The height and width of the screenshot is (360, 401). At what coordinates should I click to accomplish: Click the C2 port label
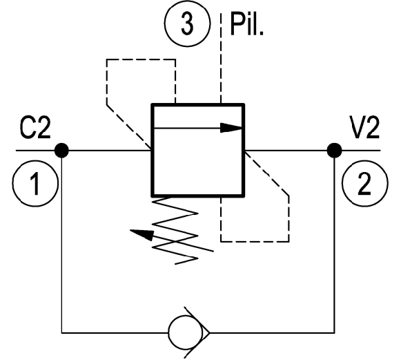coord(35,128)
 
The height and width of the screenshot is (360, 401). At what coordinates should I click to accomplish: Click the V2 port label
coord(364,128)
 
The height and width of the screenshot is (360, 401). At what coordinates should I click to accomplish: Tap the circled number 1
coord(35,183)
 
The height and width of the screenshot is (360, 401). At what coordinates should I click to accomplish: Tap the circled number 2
coord(365,183)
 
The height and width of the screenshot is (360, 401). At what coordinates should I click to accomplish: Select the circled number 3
coord(188,23)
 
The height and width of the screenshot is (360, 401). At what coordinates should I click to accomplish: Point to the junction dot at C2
coord(61,151)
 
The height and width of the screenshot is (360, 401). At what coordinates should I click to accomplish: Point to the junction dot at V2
coord(334,151)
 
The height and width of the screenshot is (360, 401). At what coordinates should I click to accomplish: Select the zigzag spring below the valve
coord(175,230)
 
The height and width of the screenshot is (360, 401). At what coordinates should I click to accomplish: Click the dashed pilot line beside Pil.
coord(221,58)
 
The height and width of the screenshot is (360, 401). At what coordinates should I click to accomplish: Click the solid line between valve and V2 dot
coord(286,151)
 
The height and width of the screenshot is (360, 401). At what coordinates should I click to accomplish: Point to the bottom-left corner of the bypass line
coord(61,333)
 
